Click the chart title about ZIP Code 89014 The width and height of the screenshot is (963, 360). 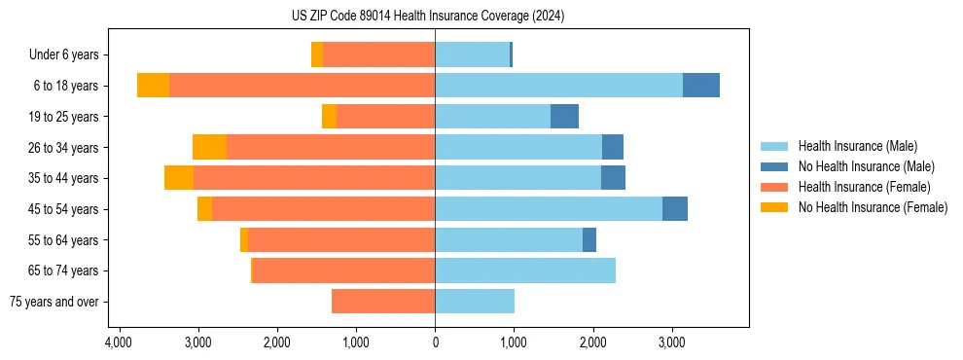435,17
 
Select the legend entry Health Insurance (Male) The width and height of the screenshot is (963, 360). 857,146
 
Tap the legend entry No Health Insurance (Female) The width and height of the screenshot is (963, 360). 873,207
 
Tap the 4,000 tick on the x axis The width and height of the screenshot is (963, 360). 119,342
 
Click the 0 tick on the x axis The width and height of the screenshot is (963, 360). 435,342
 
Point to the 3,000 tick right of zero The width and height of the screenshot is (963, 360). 671,342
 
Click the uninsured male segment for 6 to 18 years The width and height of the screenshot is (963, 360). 701,86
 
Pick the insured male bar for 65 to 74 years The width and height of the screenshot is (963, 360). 525,270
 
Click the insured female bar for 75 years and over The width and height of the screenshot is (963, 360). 383,302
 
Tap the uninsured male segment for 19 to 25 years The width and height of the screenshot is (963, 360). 564,117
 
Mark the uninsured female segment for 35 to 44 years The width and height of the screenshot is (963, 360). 179,178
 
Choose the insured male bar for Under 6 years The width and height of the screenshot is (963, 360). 472,55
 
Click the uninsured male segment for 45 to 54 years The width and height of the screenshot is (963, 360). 675,209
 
